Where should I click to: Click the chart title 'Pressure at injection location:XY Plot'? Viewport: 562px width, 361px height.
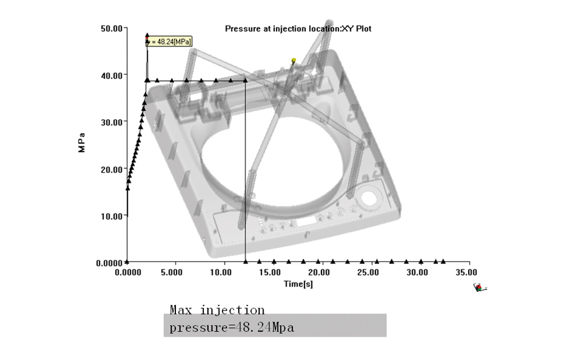[x=298, y=29]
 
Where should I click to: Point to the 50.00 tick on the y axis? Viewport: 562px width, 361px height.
[x=111, y=28]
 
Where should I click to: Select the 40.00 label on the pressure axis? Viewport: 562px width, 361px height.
[x=111, y=76]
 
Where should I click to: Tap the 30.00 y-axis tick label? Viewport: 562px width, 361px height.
[x=111, y=122]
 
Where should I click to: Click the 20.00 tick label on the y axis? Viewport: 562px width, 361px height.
[x=111, y=170]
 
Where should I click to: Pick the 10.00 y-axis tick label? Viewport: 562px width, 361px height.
[x=111, y=216]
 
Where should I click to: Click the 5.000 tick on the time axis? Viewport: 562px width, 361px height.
[x=171, y=272]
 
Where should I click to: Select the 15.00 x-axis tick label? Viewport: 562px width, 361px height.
[x=270, y=272]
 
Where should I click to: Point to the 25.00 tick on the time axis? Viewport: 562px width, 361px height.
[x=368, y=272]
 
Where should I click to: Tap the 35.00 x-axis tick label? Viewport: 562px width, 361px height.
[x=466, y=272]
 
